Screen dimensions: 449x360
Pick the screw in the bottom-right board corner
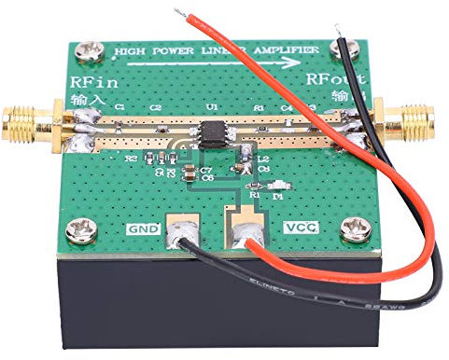pyautogui.click(x=354, y=227)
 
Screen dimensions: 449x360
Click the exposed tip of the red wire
pyautogui.click(x=178, y=13)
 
